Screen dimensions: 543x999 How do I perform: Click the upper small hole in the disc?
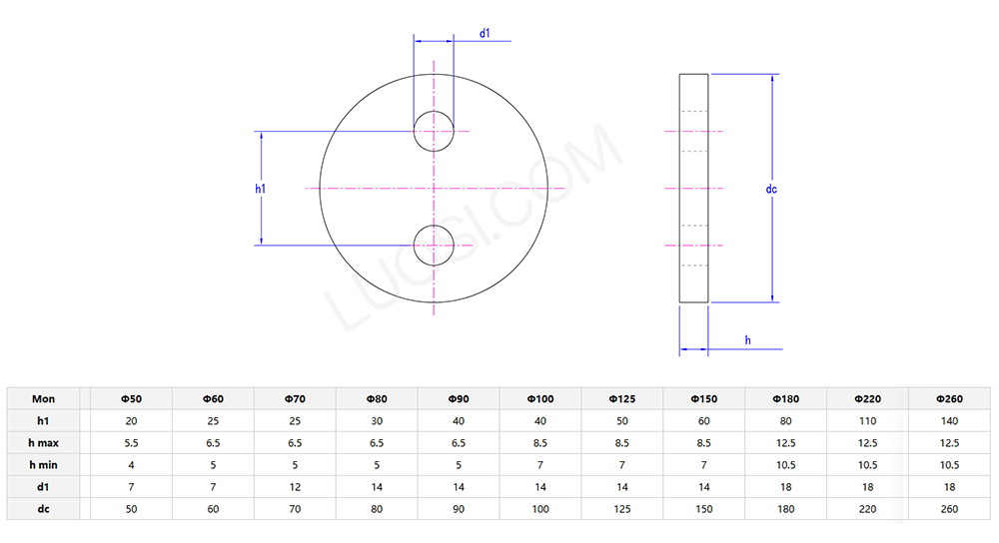coord(435,130)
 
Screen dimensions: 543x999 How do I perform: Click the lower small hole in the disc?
coord(435,245)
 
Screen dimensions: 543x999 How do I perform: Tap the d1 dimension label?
coord(485,34)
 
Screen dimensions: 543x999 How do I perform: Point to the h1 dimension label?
coord(260,189)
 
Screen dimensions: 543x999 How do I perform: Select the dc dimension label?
coord(771,189)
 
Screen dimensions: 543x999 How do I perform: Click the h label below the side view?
coord(747,341)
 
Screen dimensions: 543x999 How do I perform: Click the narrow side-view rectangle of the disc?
coord(693,188)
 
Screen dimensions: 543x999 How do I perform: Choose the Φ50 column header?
coord(131,399)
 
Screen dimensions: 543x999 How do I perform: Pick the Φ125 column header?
coord(621,399)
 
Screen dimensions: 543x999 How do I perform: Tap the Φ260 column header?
coord(949,399)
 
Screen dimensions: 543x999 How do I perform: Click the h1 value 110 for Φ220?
coord(867,421)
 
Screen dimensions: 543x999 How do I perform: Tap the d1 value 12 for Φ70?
coord(295,487)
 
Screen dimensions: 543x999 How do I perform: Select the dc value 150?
coord(703,509)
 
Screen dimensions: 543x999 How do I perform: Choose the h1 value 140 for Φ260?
coord(949,421)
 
